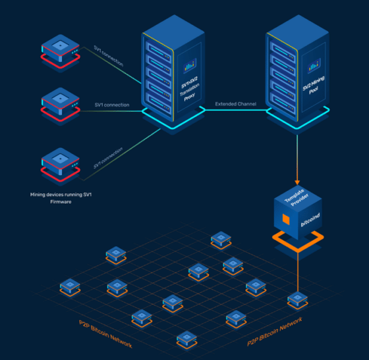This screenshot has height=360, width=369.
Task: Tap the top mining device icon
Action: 60,49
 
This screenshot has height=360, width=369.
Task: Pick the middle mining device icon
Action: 60,103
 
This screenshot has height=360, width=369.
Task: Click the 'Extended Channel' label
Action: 236,105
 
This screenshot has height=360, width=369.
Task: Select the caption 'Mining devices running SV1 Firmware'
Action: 59,198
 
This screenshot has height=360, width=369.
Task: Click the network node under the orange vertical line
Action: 297,300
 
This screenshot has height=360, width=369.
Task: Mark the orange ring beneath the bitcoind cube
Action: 298,244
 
